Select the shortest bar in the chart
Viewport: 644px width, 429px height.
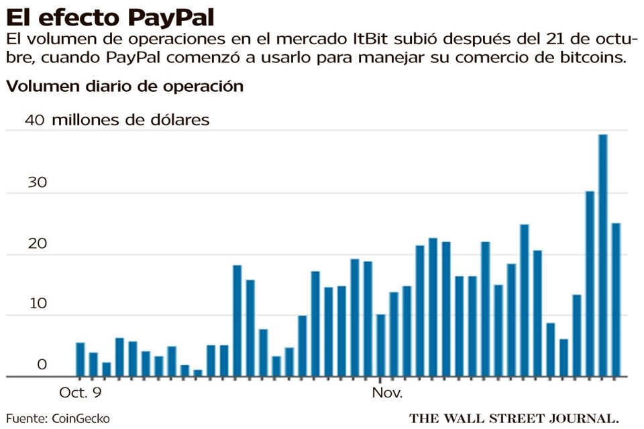coord(198,373)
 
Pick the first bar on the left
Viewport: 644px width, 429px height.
coord(80,359)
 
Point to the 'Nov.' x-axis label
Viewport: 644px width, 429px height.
coord(386,391)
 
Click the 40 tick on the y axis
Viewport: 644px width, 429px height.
coord(35,120)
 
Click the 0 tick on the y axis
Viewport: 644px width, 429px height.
coord(42,365)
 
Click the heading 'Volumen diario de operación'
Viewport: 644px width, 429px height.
coord(124,86)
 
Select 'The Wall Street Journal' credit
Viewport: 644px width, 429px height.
coord(513,418)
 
